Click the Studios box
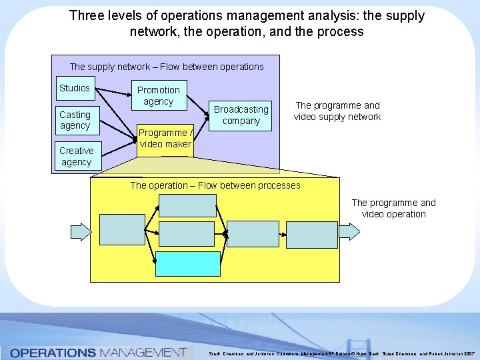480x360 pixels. [75, 89]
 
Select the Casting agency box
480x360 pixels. [75, 120]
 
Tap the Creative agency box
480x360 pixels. [76, 156]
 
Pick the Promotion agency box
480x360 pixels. [159, 95]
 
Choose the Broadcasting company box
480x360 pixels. [241, 115]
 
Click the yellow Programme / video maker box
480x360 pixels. [165, 139]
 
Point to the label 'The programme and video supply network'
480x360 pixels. [337, 111]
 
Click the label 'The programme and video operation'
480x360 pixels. [393, 208]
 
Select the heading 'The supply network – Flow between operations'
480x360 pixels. [167, 67]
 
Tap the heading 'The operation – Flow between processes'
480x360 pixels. [215, 185]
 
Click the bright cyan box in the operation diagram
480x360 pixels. [188, 263]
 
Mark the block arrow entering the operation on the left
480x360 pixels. [81, 231]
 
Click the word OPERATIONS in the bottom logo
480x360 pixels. [53, 352]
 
